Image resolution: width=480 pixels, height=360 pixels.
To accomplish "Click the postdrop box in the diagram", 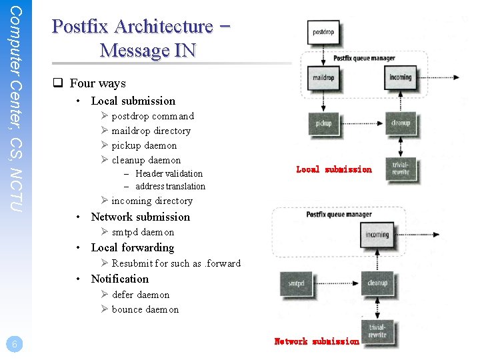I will click(x=323, y=31).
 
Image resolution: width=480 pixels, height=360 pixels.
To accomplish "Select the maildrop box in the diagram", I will click(x=323, y=78).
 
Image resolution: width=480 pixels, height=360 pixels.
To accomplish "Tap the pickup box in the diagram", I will click(x=323, y=123).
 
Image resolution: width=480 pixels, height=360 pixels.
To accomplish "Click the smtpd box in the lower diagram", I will click(x=296, y=283).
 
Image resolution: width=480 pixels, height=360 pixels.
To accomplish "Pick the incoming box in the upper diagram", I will click(x=400, y=78).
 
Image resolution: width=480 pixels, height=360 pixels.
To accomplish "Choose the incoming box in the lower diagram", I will click(x=377, y=235).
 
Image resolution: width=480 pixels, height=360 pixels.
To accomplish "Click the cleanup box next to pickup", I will click(x=400, y=123).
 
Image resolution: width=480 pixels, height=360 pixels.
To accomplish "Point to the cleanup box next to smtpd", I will click(x=377, y=283).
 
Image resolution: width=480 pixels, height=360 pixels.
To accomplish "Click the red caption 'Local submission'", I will click(x=333, y=169).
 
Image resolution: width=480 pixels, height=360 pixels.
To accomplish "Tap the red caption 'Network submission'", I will click(x=317, y=341).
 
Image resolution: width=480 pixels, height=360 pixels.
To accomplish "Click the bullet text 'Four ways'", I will click(x=97, y=83).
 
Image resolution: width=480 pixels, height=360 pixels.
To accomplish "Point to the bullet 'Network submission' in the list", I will click(x=140, y=217).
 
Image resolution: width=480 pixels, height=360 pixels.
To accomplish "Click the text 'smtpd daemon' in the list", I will click(x=143, y=232).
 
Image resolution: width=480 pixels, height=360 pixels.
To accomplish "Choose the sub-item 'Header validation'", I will click(x=169, y=173).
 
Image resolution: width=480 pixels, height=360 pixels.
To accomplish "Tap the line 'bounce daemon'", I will click(x=145, y=309).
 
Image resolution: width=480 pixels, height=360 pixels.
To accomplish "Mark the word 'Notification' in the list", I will click(x=120, y=279).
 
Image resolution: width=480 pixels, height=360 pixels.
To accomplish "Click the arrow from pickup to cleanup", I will click(x=363, y=123).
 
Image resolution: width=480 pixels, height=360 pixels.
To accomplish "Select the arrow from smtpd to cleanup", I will click(x=337, y=283).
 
